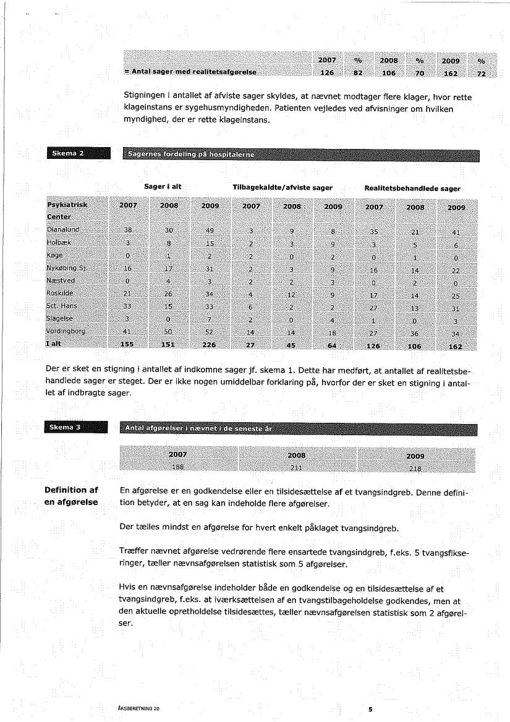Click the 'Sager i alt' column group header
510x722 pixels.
[161, 187]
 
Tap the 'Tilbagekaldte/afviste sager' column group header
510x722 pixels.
[283, 187]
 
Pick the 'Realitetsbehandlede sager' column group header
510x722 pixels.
[412, 188]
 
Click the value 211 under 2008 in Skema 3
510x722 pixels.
[297, 468]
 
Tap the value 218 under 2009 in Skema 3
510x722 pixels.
[415, 468]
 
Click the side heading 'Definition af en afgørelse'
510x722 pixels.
[71, 496]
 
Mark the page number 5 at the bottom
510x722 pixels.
[370, 709]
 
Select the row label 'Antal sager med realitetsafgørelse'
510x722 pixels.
[190, 72]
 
